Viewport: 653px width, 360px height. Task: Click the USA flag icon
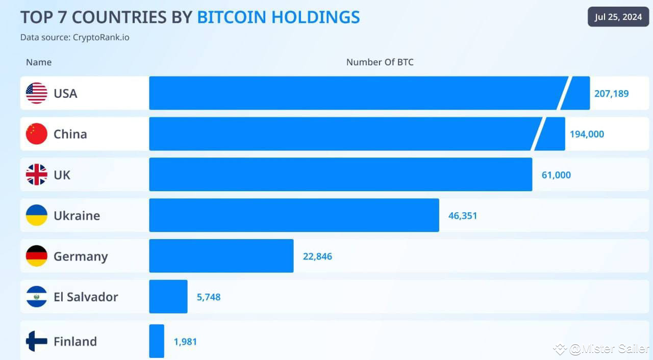point(36,93)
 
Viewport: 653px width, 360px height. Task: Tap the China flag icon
point(36,134)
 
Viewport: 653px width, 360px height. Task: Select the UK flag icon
point(36,175)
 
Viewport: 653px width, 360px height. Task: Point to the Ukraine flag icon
point(36,215)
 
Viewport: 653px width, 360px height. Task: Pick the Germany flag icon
point(36,256)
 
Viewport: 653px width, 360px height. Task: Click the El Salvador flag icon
point(36,297)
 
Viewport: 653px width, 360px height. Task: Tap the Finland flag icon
point(36,341)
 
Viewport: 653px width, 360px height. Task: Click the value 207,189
point(611,94)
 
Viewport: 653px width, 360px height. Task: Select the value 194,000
point(587,134)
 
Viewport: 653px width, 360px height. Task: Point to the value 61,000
point(556,175)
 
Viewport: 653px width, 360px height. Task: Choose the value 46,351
point(463,216)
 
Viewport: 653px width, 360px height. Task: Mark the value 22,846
point(317,256)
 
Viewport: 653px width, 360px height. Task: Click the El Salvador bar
point(168,297)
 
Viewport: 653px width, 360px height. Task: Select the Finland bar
point(157,341)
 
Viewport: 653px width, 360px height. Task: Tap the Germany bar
point(221,256)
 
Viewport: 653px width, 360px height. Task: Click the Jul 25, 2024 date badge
point(618,17)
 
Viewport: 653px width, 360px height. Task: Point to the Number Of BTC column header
point(380,62)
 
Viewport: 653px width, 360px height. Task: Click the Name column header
point(39,62)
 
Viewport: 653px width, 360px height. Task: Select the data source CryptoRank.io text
point(74,37)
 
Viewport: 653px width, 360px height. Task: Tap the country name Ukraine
point(77,216)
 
